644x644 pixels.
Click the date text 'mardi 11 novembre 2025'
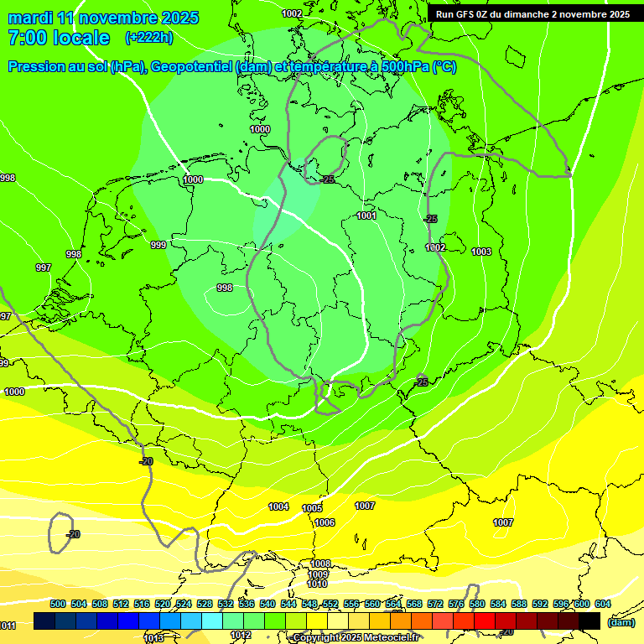(103, 18)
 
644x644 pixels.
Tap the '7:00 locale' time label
(58, 38)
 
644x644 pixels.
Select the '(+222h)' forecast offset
(149, 38)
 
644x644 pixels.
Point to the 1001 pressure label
(366, 216)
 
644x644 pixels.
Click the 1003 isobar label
(481, 252)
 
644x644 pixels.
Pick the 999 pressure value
(158, 245)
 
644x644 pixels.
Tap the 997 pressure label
(44, 267)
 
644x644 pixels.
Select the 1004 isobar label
(278, 506)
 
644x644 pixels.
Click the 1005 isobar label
(312, 508)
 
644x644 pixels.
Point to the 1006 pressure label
(325, 522)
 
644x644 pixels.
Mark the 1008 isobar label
(319, 563)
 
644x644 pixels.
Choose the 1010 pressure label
(317, 584)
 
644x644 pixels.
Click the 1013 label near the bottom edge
(153, 638)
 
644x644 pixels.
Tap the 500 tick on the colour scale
(58, 604)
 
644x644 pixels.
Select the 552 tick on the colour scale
(330, 604)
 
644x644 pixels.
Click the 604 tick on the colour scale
(603, 604)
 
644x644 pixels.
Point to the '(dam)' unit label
(621, 622)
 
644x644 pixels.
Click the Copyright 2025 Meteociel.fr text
(356, 638)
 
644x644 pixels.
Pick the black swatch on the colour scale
(589, 621)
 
